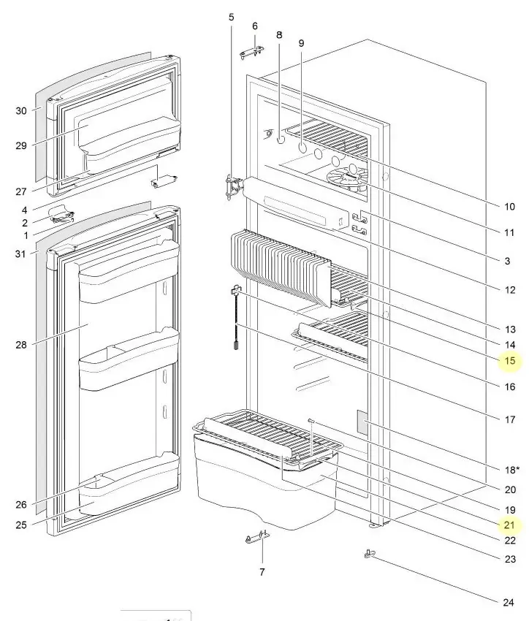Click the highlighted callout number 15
click(510, 361)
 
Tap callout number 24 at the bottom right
click(509, 603)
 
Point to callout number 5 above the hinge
click(232, 16)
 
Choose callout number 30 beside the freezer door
click(22, 111)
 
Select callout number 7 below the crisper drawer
click(262, 572)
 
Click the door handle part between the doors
click(61, 214)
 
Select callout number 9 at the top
click(301, 44)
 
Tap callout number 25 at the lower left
click(22, 525)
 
